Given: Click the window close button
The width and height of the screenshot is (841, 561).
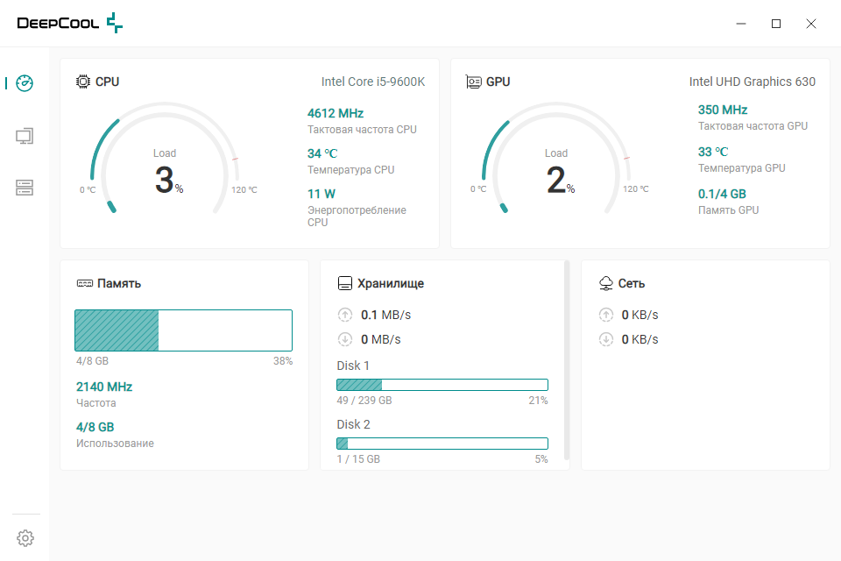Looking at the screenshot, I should [811, 24].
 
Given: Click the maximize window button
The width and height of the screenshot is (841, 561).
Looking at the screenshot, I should [776, 24].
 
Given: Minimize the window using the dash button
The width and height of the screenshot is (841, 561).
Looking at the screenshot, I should [741, 24].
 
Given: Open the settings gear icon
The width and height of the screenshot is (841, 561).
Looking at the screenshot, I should [25, 537].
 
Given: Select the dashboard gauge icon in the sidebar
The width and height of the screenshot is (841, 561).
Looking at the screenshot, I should [25, 83].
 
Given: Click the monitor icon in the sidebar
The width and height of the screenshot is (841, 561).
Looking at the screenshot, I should [25, 136].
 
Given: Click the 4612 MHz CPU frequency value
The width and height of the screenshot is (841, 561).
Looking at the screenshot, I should [336, 113].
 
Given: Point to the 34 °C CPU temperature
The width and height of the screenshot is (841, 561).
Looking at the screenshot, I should [322, 153].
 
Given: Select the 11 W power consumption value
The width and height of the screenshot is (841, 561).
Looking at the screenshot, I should [322, 194].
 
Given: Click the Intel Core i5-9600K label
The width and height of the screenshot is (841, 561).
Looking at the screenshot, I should [373, 82].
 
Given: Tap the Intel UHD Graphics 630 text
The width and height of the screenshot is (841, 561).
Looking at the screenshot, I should [753, 82].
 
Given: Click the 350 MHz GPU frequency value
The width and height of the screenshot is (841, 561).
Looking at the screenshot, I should [723, 110].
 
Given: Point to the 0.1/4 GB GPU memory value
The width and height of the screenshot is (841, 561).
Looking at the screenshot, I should [722, 194].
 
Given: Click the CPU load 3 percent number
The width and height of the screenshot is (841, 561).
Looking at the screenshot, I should [166, 181].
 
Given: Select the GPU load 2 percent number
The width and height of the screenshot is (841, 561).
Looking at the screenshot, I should [556, 181].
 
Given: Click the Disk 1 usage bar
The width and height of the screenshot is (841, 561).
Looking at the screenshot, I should [442, 385].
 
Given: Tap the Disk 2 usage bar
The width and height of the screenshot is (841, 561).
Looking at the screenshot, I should [442, 444].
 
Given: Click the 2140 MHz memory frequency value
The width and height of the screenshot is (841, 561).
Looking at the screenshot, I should [104, 387].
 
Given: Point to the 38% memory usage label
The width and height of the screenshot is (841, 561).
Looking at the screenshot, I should [283, 361].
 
